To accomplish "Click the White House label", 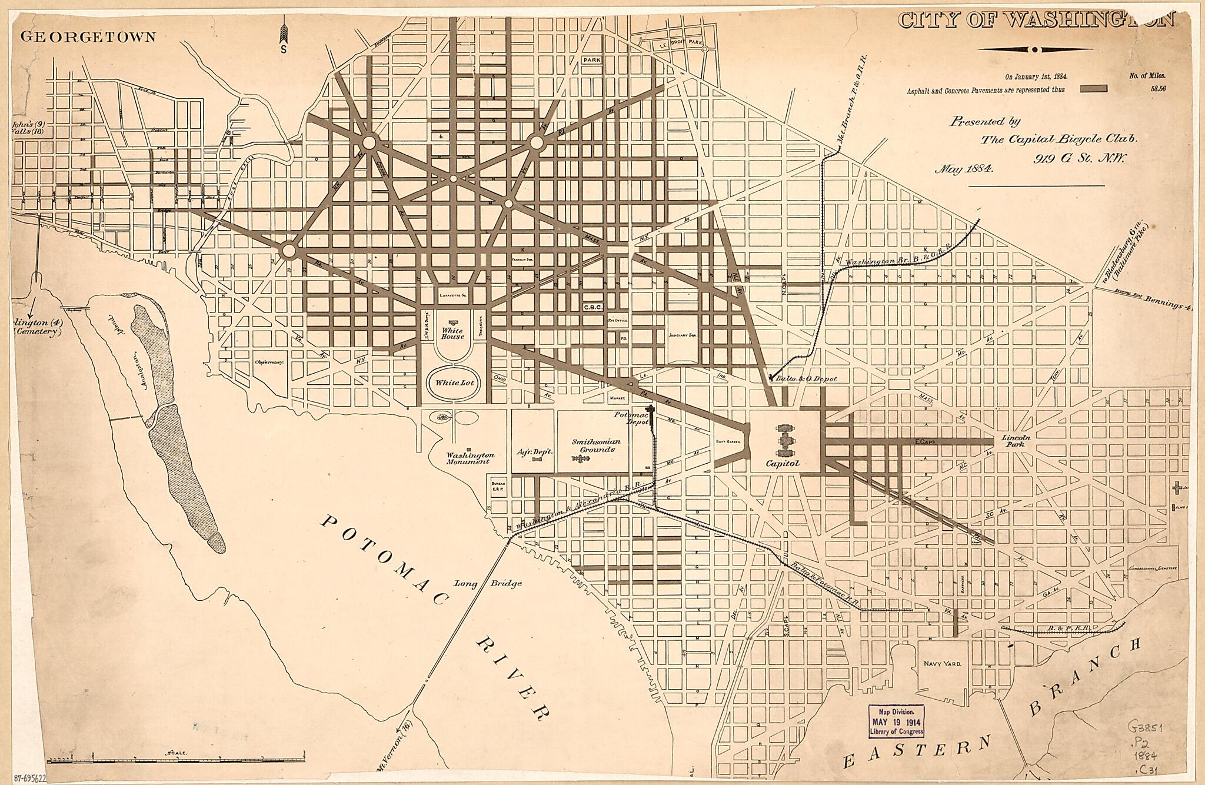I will pos(452,334).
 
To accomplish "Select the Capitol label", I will pos(783,463).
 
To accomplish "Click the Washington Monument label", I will pos(469,458).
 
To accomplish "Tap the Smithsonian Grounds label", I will pos(594,445).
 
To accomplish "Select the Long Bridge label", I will pos(489,583).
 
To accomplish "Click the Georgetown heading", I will pos(88,36).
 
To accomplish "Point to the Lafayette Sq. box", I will pos(452,295).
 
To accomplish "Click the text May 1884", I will pos(964,169).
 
